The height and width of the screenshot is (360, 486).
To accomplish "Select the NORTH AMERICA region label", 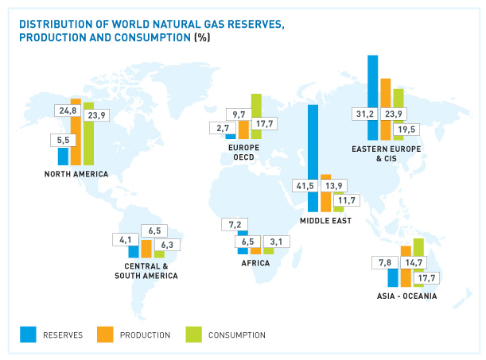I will [76, 174].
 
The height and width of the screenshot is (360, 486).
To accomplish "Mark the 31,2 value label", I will [366, 114].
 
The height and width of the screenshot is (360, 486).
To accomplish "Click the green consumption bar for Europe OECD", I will [256, 107].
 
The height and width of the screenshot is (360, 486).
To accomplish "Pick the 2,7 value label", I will [220, 127].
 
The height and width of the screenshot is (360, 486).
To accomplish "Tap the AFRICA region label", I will [255, 262].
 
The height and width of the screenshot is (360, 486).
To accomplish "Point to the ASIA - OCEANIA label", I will [407, 296].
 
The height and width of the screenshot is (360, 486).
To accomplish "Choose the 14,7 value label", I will [414, 262].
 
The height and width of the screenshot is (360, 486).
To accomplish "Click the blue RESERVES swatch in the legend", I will [29, 335].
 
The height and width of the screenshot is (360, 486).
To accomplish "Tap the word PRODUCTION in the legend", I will [145, 335].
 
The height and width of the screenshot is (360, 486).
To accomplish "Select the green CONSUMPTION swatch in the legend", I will [192, 335].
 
